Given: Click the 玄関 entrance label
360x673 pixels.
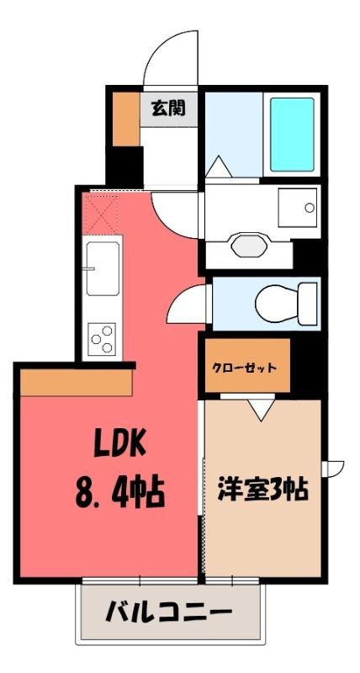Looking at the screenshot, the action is click(167, 109).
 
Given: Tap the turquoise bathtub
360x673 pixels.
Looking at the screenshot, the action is click(292, 135).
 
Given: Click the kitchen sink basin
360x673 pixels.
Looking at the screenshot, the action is click(102, 268).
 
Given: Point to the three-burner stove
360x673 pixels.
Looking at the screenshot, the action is click(103, 339).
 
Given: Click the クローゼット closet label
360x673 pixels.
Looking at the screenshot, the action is click(243, 368).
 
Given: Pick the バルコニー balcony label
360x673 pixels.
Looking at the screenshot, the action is click(170, 611).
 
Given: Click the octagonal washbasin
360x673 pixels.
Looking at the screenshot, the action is click(249, 245).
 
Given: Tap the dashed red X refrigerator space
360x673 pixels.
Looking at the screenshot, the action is click(101, 214).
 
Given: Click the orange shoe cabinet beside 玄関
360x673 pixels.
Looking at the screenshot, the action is click(126, 119).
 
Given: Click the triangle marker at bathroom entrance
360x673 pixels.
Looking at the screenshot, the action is click(219, 167).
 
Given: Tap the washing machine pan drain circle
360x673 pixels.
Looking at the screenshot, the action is click(310, 208).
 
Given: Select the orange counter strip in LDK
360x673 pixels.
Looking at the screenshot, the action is click(76, 383).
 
